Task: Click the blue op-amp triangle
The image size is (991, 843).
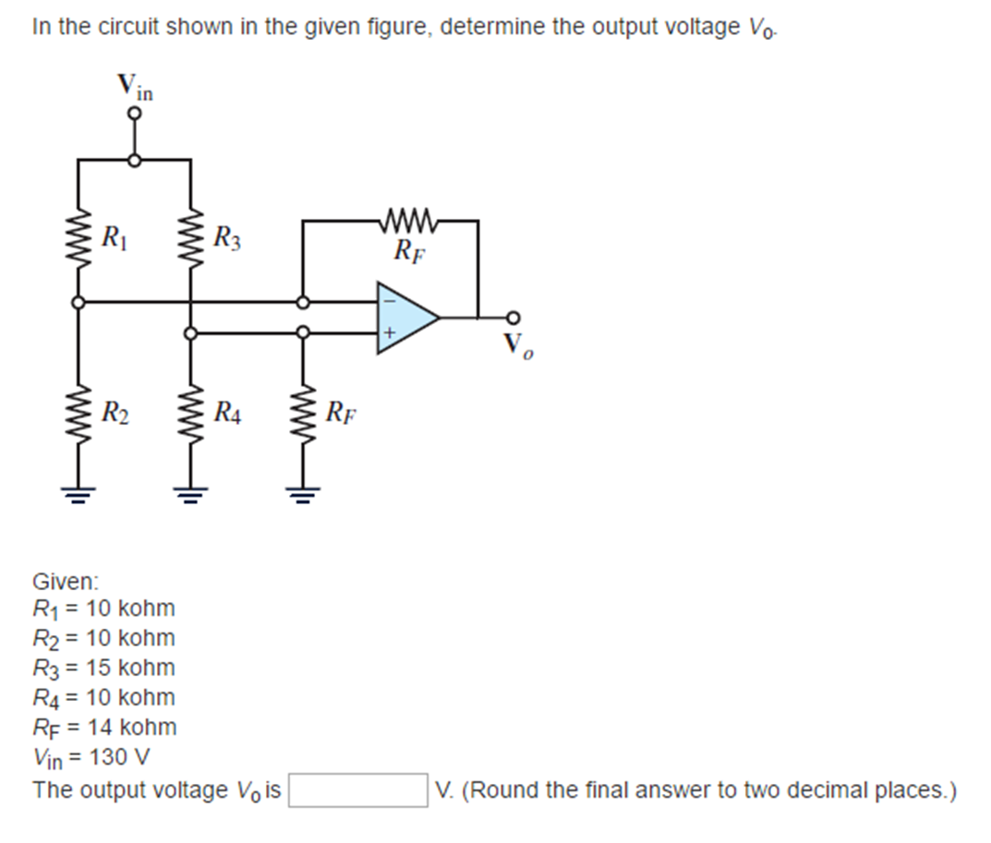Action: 404,318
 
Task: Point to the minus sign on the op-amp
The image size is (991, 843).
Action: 389,300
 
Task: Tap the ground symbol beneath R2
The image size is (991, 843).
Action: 79,492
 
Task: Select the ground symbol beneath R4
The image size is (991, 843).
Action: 191,492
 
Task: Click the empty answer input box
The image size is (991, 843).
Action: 357,790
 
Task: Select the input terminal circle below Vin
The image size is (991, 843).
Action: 135,114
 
